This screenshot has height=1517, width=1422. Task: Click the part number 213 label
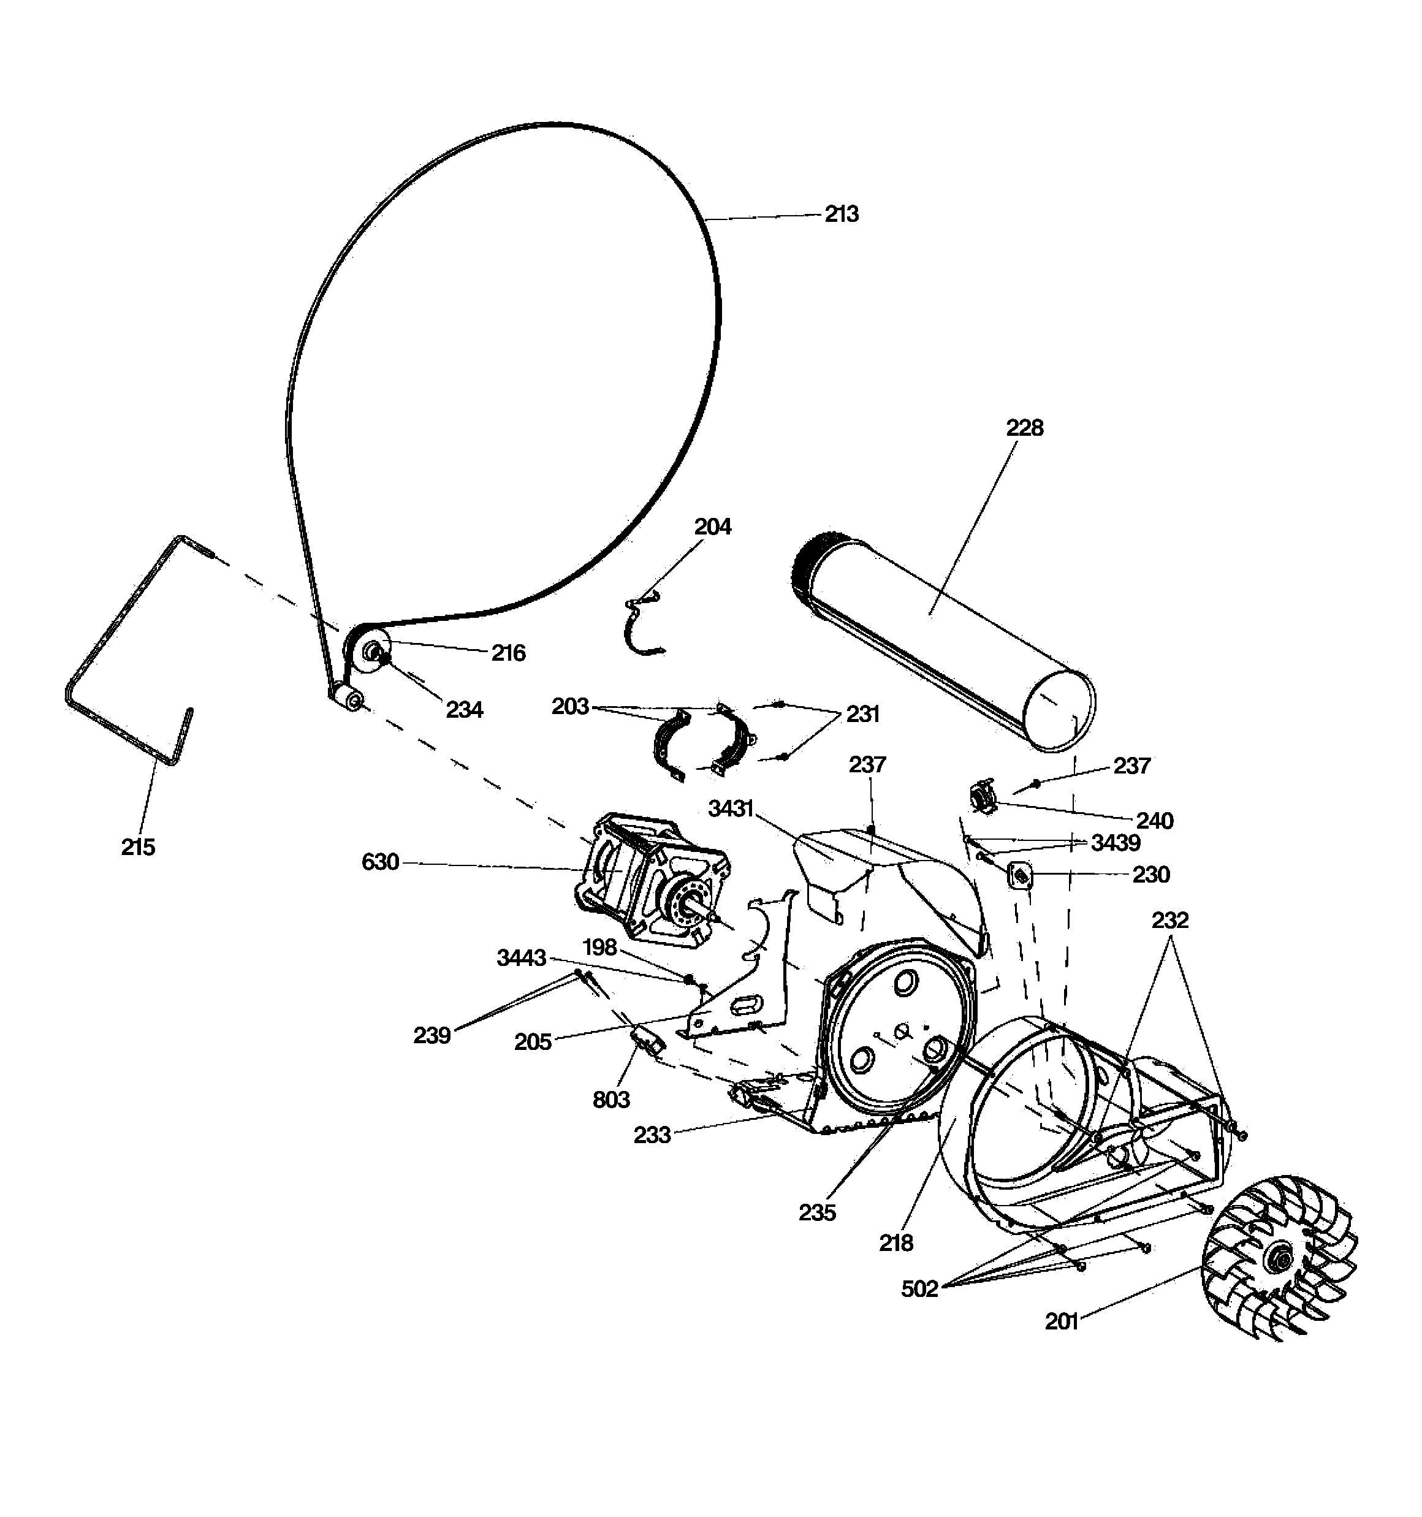tap(841, 215)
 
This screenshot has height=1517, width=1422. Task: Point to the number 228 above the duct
tap(1024, 427)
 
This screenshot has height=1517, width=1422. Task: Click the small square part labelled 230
tap(1021, 875)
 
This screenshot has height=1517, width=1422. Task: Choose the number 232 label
tap(1169, 920)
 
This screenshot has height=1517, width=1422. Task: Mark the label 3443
tap(522, 957)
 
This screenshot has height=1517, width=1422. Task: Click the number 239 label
tap(432, 1035)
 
